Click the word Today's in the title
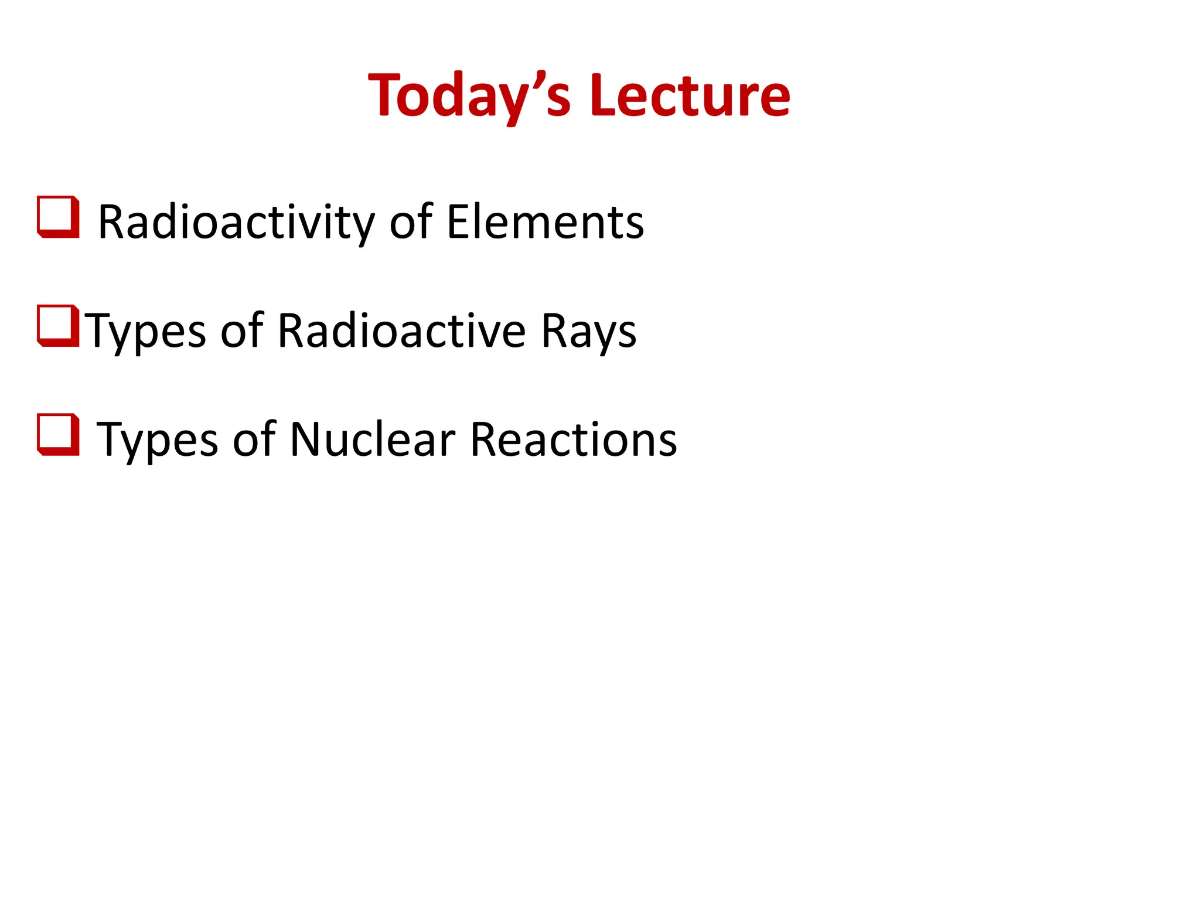[x=469, y=96]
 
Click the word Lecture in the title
[x=690, y=96]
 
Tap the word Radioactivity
[x=236, y=223]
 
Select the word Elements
[x=545, y=223]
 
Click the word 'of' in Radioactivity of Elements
[x=410, y=223]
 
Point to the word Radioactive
[x=401, y=332]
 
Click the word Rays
[x=588, y=332]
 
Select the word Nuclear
[x=372, y=440]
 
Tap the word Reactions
[x=573, y=440]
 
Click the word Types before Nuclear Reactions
[x=157, y=440]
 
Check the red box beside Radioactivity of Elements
[x=58, y=217]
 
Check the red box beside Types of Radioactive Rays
[x=58, y=326]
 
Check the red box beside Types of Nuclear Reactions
[x=58, y=434]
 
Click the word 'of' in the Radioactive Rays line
[x=241, y=332]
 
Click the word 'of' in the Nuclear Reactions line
[x=254, y=440]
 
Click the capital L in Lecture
[x=604, y=96]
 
